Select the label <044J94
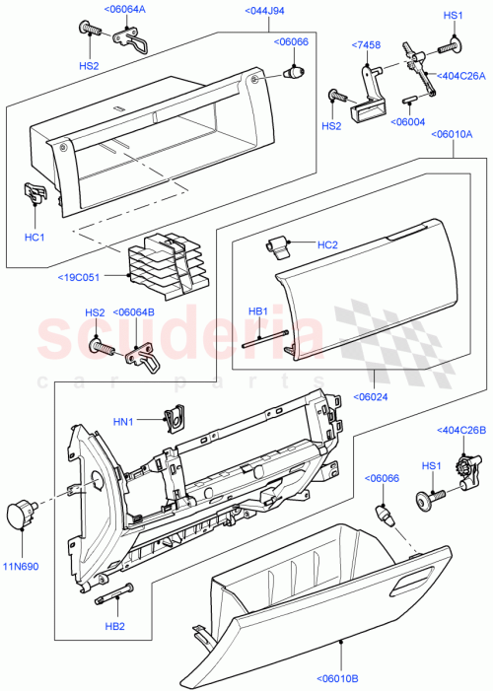pos(238,11)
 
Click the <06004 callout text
pos(409,121)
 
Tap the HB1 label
pos(257,311)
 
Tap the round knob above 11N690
pos(21,513)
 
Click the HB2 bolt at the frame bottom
pos(113,595)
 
